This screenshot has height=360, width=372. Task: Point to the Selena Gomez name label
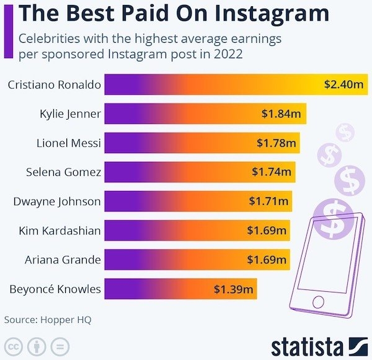tap(63, 172)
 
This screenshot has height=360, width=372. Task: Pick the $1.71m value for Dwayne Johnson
tap(268, 201)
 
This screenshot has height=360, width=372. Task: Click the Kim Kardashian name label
tap(60, 230)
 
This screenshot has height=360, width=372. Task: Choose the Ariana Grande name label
tap(63, 259)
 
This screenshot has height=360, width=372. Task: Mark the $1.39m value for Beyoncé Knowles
tap(234, 289)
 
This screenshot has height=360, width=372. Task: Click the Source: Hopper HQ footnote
tap(43, 320)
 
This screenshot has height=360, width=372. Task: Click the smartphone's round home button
tap(318, 302)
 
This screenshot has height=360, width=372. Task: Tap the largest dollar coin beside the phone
tap(334, 218)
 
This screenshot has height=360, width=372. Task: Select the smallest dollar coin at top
tap(344, 131)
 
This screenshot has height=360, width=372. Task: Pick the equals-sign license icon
tap(60, 346)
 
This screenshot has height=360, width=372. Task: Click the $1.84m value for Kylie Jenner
tap(281, 114)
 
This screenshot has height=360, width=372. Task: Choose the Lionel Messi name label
tap(69, 143)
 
